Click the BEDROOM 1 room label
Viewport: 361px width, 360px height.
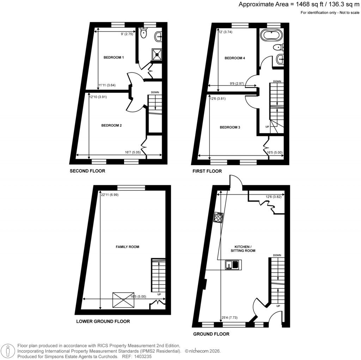[x=114, y=57]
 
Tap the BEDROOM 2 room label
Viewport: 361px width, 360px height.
[x=111, y=125]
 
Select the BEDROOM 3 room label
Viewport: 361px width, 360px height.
[x=230, y=127]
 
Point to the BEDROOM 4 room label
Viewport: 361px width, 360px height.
[x=235, y=58]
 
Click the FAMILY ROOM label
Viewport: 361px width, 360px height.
[x=127, y=247]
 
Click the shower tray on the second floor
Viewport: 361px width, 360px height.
[x=157, y=53]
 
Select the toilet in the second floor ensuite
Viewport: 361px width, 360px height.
[x=144, y=33]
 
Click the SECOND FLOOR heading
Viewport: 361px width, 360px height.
[x=87, y=171]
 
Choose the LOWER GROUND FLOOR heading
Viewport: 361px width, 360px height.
[x=103, y=322]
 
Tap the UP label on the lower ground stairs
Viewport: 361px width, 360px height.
[x=159, y=294]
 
